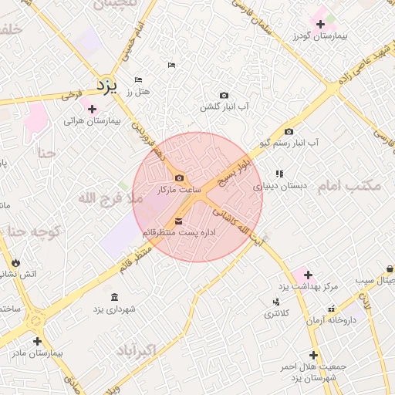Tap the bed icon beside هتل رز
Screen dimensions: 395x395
[x=138, y=80]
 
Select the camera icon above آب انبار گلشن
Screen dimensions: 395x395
[x=224, y=95]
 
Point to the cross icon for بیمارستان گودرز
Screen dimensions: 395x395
[x=321, y=25]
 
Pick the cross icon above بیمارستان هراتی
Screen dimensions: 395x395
[x=92, y=109]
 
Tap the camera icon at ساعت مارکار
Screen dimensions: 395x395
[x=179, y=178]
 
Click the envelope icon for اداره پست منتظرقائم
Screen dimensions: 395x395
[x=168, y=222]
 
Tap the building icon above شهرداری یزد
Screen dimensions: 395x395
[x=114, y=298]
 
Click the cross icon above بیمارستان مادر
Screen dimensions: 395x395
[x=36, y=340]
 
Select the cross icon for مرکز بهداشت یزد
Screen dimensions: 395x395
[x=308, y=275]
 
